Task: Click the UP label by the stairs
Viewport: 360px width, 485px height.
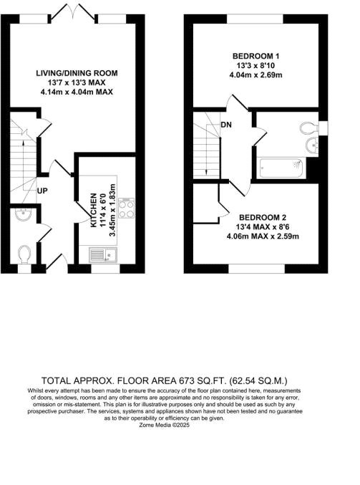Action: coord(44,192)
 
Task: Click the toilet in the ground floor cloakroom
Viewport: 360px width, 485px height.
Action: coord(24,254)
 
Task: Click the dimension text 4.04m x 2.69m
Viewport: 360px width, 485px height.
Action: coord(250,75)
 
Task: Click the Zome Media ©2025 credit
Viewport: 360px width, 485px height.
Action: coord(180,425)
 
